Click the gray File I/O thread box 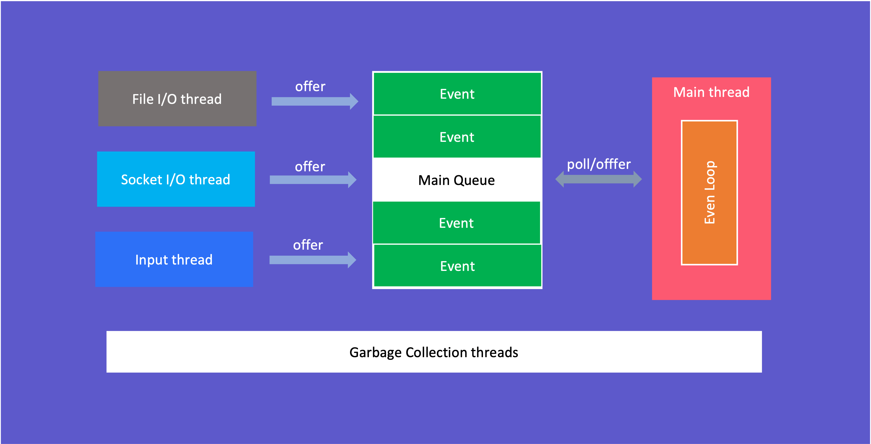click(177, 99)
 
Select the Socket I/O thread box click(176, 179)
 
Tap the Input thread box click(174, 259)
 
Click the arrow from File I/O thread click(315, 101)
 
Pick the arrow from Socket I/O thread click(313, 179)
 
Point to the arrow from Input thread click(312, 260)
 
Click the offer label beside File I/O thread click(310, 87)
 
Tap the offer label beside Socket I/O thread click(310, 167)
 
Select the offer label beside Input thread click(308, 245)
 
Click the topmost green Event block click(457, 94)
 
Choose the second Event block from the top click(457, 137)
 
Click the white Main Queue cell click(457, 180)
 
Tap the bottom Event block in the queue click(458, 266)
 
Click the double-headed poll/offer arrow click(598, 179)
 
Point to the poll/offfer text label click(598, 164)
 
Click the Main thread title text click(711, 92)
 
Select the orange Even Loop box click(709, 193)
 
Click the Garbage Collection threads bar click(434, 352)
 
